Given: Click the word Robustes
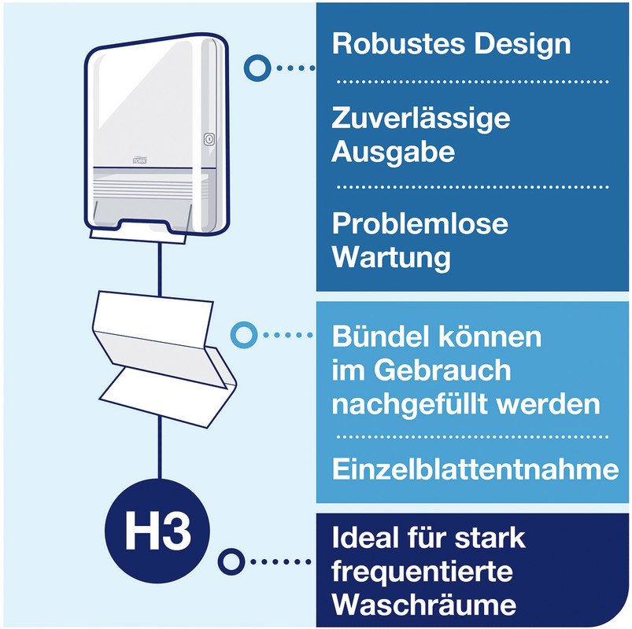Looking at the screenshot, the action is pos(398,43).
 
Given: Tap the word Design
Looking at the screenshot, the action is pos(523,45).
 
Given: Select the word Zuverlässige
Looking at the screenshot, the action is pos(420,120).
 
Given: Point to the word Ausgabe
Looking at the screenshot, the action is pos(393,153).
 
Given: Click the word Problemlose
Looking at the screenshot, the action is pos(420,223).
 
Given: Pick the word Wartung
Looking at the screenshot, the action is pos(391,259).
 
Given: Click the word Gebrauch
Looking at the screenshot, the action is pos(442,371).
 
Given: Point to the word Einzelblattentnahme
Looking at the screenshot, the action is pos(475,469).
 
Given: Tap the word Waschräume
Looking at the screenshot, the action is pos(423,605).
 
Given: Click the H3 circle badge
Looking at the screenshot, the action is pos(157,531).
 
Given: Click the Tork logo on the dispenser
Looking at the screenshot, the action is pos(139,160).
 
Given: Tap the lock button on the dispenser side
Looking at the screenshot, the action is pos(209,139).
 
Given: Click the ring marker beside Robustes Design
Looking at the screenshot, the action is pos(257,68).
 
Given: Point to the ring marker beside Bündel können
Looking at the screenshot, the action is pos(244,335).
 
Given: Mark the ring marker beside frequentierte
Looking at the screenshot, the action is pos(231,561).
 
